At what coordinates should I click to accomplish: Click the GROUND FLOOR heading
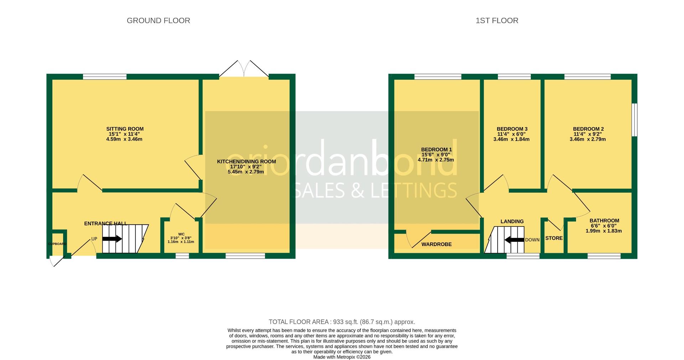pos(158,21)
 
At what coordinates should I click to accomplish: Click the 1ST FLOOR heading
pos(497,21)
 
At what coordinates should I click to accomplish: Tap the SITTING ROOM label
pos(125,129)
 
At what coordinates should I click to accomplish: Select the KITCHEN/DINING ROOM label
pos(246,162)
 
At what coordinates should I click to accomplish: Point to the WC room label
pos(181,234)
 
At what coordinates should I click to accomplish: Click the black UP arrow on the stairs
pos(112,239)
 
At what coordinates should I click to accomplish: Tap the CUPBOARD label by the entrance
pos(57,244)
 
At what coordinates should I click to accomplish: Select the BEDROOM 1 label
pos(436,150)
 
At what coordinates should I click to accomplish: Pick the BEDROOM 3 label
pos(512,129)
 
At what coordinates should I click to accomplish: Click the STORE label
pos(554,238)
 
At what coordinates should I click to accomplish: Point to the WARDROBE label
pos(436,244)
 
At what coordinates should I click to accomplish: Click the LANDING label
pos(512,221)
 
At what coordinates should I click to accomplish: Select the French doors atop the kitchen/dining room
pos(244,69)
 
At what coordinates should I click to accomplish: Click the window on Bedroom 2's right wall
pos(634,120)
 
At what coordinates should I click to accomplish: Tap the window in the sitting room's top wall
pos(105,77)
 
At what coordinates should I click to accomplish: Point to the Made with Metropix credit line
pos(342,357)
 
